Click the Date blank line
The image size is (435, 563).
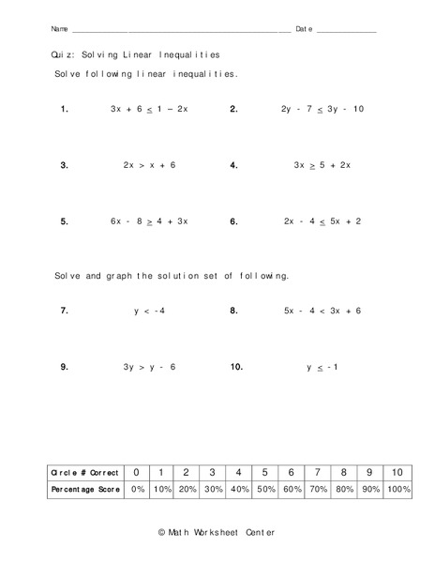pyautogui.click(x=346, y=31)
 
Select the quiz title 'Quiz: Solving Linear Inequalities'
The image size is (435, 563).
pyautogui.click(x=136, y=55)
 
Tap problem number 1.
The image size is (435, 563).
pyautogui.click(x=64, y=109)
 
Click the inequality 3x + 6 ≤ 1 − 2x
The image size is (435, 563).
pyautogui.click(x=150, y=109)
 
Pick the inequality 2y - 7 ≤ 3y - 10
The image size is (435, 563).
pyautogui.click(x=322, y=109)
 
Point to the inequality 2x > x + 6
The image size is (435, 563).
pyautogui.click(x=150, y=165)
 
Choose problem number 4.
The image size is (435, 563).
pyautogui.click(x=233, y=165)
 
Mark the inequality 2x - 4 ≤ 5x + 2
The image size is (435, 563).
pyautogui.click(x=322, y=221)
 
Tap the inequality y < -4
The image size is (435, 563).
pyautogui.click(x=150, y=311)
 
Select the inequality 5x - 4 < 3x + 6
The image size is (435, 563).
pyautogui.click(x=322, y=311)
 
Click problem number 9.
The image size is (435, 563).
pyautogui.click(x=64, y=367)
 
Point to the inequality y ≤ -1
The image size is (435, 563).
pyautogui.click(x=322, y=367)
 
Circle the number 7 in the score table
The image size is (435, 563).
pyautogui.click(x=319, y=472)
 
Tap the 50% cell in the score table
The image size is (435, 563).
pyautogui.click(x=266, y=490)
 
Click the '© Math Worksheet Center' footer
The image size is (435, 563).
pyautogui.click(x=217, y=532)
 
